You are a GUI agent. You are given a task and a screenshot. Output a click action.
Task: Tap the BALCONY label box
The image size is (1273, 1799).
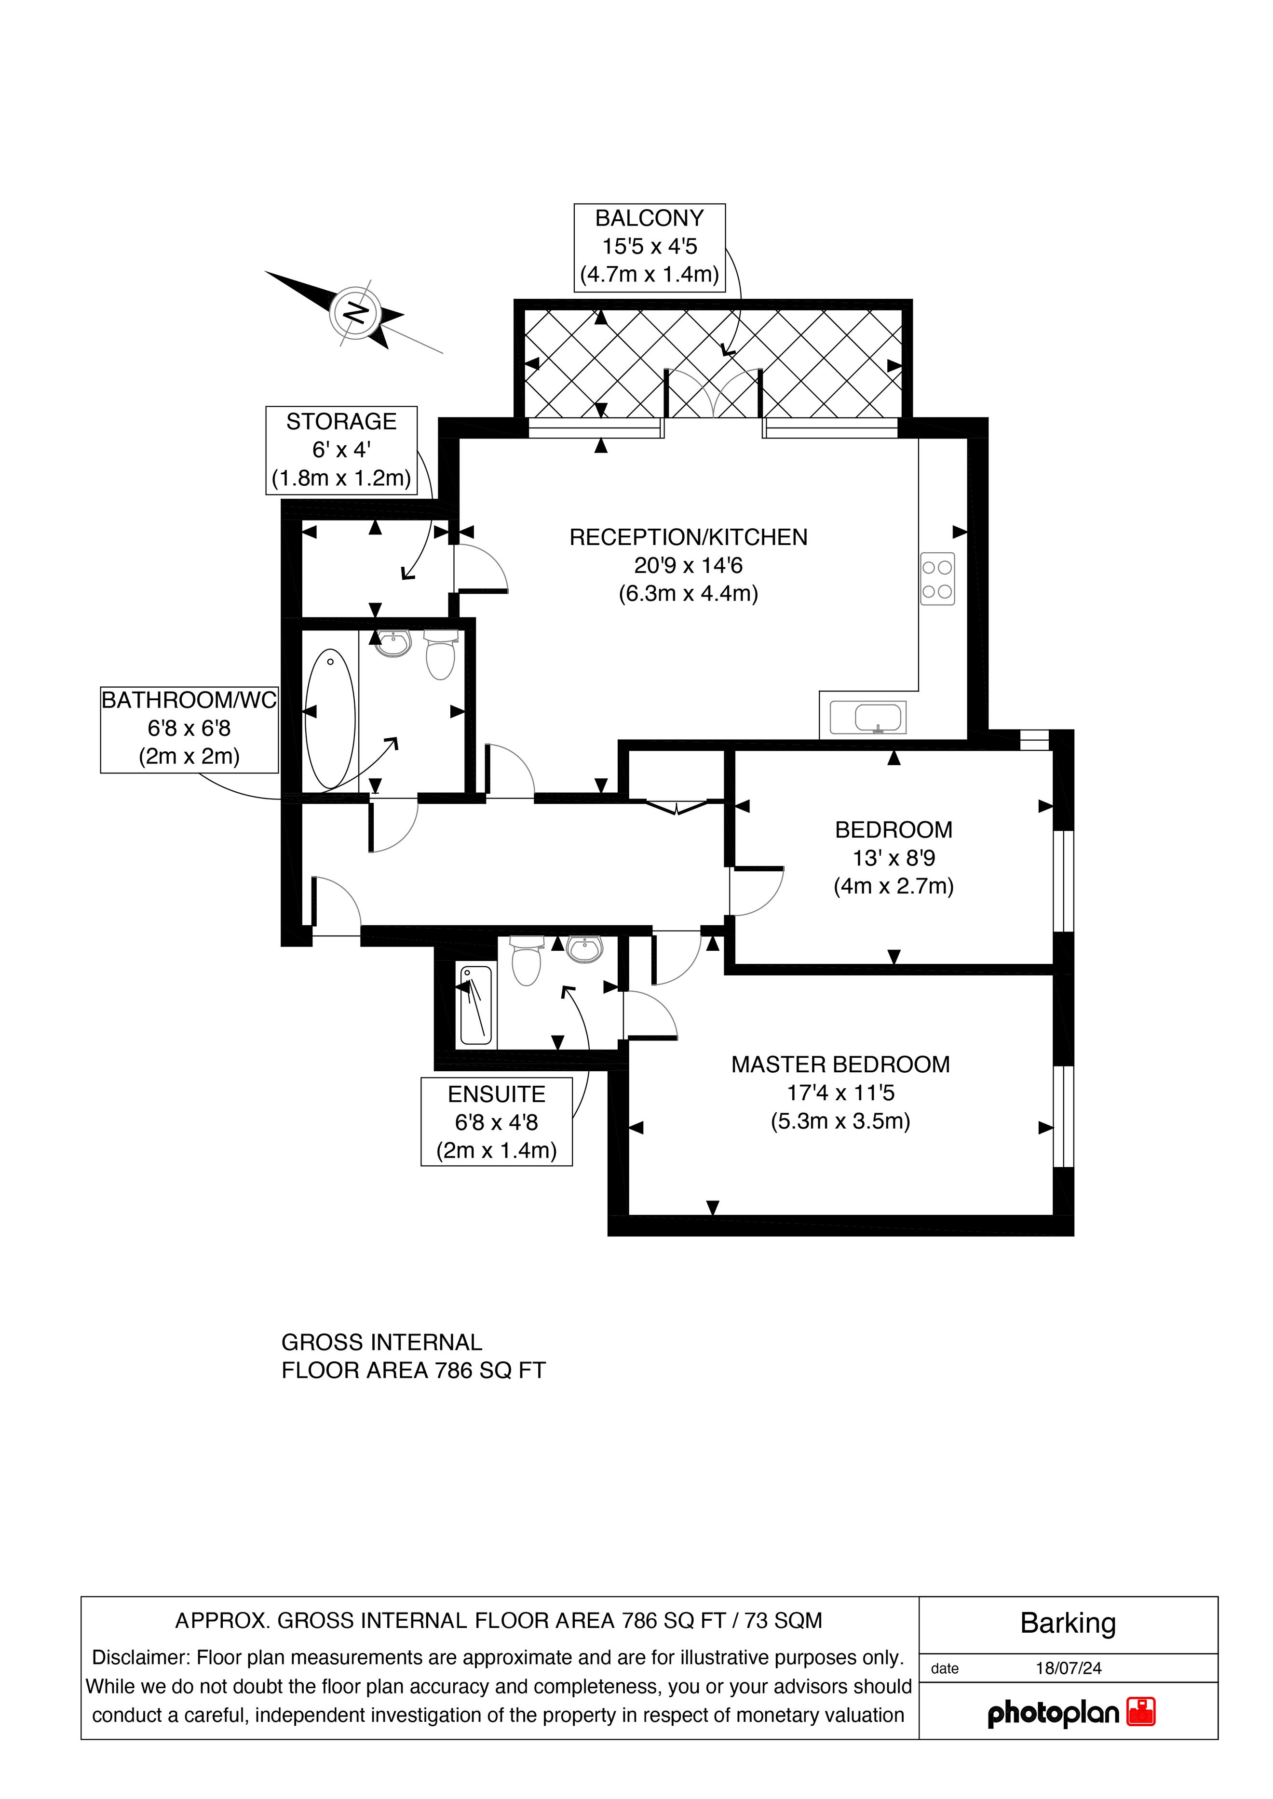[650, 248]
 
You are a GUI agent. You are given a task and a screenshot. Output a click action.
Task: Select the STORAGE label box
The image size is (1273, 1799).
[342, 451]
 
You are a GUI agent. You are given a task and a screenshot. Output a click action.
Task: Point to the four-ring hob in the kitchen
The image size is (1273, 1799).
[937, 579]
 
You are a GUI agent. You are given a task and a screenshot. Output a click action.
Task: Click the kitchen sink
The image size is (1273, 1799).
[868, 718]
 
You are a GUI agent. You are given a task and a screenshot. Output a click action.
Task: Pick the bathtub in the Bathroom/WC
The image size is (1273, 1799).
[330, 719]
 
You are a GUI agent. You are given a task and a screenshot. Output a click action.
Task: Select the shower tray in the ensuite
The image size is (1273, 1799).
[476, 1005]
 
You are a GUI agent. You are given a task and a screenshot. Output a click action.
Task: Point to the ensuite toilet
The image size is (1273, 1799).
[526, 960]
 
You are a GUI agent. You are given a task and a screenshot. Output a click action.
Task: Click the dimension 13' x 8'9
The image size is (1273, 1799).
[894, 858]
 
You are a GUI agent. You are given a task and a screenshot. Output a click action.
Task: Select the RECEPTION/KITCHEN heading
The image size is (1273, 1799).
[688, 537]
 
